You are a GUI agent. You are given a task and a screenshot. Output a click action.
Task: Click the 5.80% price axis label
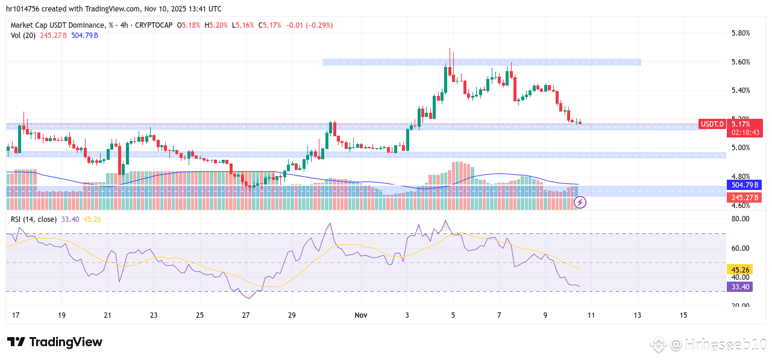(x=739, y=33)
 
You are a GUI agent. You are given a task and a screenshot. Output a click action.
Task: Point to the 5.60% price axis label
(x=739, y=62)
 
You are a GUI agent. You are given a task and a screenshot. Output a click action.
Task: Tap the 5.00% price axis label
(x=739, y=148)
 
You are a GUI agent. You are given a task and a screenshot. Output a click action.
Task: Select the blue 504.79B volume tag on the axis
(x=745, y=185)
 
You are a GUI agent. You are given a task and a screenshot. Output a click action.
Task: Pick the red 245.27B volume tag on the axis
(x=745, y=197)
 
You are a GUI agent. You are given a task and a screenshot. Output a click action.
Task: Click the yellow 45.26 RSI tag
(x=739, y=270)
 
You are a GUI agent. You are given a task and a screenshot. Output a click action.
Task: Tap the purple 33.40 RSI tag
(x=739, y=287)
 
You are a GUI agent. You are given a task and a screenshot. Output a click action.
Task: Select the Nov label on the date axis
(x=361, y=315)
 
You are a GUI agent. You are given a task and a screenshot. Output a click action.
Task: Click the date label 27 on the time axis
(x=246, y=315)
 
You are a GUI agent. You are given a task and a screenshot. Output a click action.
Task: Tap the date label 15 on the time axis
(x=683, y=315)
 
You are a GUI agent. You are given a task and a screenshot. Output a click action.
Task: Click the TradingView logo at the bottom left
(x=55, y=342)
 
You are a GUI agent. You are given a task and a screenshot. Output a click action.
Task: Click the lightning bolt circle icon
(x=581, y=203)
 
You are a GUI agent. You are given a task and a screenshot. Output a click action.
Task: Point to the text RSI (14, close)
(x=34, y=219)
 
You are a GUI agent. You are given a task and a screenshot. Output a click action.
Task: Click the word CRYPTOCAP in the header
(x=153, y=25)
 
